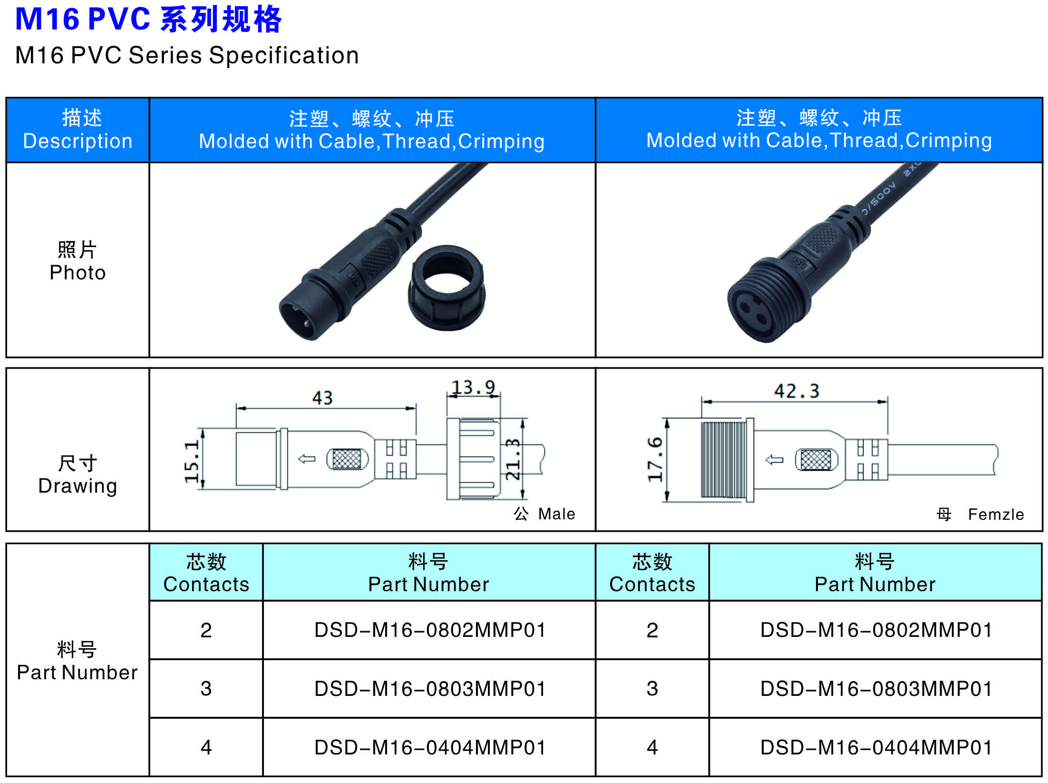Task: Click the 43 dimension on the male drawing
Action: pyautogui.click(x=322, y=398)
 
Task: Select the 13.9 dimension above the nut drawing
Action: pyautogui.click(x=473, y=387)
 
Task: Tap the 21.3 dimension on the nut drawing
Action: pyautogui.click(x=513, y=459)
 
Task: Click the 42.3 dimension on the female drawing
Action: pyautogui.click(x=797, y=391)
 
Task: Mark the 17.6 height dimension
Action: pyautogui.click(x=655, y=459)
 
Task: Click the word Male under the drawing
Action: pyautogui.click(x=556, y=514)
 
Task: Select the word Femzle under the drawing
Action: pyautogui.click(x=996, y=515)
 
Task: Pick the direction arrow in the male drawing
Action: pyautogui.click(x=307, y=459)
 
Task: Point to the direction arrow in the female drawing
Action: pyautogui.click(x=775, y=460)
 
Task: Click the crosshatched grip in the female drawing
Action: pyautogui.click(x=816, y=459)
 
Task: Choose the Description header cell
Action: pyautogui.click(x=78, y=130)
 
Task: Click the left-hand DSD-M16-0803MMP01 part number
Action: pyautogui.click(x=430, y=689)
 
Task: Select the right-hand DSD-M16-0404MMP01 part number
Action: pyautogui.click(x=876, y=747)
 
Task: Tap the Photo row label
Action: pyautogui.click(x=78, y=261)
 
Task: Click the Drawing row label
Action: pyautogui.click(x=78, y=474)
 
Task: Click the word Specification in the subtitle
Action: pyautogui.click(x=284, y=56)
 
